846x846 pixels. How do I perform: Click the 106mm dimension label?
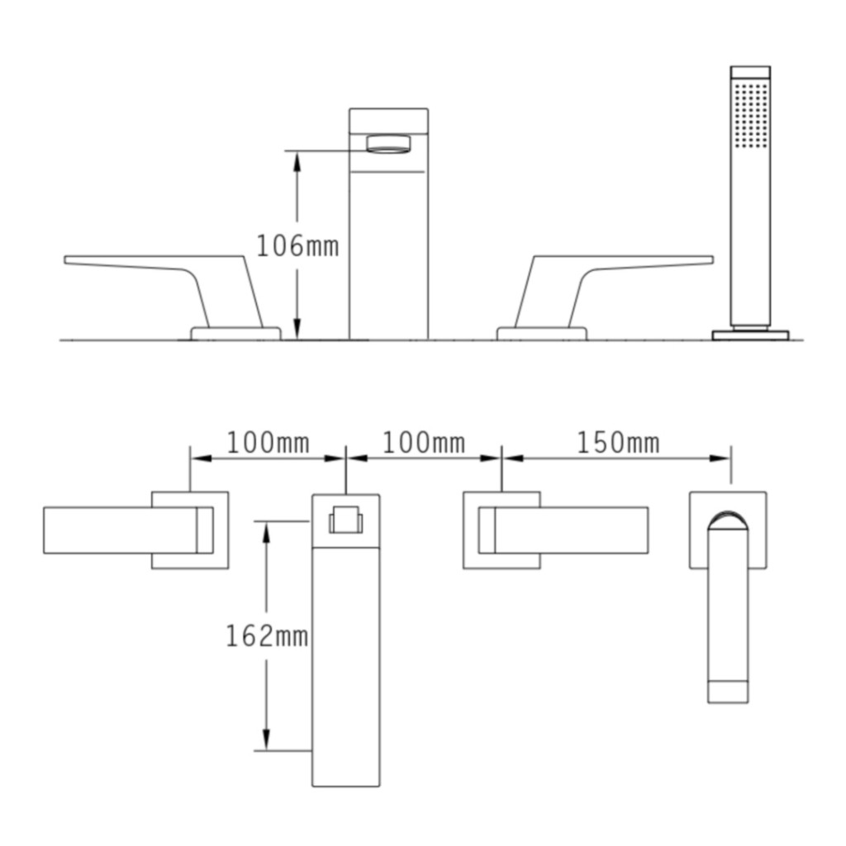pyautogui.click(x=297, y=245)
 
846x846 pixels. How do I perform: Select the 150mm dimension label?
pyautogui.click(x=618, y=443)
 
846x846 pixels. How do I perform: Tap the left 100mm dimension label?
pyautogui.click(x=269, y=443)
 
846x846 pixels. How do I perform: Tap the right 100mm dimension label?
pyautogui.click(x=423, y=443)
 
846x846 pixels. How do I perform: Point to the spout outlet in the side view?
pyautogui.click(x=387, y=145)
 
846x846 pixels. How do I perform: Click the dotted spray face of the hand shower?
pyautogui.click(x=751, y=115)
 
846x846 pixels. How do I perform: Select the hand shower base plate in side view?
pyautogui.click(x=750, y=335)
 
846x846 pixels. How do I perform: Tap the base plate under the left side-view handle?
pyautogui.click(x=236, y=333)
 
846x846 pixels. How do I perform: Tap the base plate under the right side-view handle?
pyautogui.click(x=541, y=333)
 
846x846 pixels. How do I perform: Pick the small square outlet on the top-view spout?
pyautogui.click(x=345, y=520)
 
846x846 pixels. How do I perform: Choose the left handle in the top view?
pyautogui.click(x=124, y=530)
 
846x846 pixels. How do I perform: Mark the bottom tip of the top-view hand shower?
pyautogui.click(x=728, y=692)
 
